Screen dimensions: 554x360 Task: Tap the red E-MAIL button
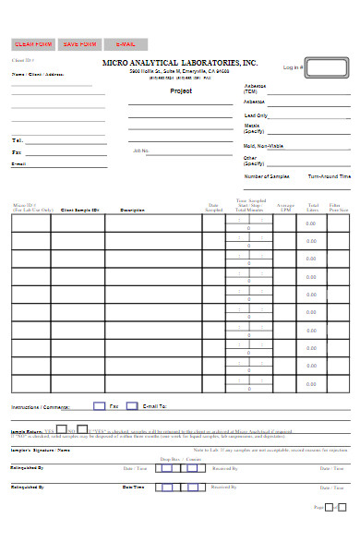click(x=125, y=43)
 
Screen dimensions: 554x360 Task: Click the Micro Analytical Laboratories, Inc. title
click(x=180, y=62)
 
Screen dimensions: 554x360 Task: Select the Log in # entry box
click(x=327, y=67)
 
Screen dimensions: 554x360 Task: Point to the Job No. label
click(x=140, y=150)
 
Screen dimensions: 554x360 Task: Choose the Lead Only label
click(x=256, y=115)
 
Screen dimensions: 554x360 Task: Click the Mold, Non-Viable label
click(x=263, y=146)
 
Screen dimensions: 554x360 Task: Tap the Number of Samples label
click(x=267, y=175)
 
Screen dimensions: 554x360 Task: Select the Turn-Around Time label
click(x=329, y=175)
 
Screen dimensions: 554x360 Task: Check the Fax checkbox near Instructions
click(x=99, y=405)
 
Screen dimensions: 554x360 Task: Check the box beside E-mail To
click(x=131, y=405)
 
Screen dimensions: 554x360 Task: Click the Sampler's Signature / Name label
click(x=40, y=450)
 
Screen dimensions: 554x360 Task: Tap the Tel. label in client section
click(x=17, y=140)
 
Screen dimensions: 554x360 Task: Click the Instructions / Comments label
click(x=40, y=406)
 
